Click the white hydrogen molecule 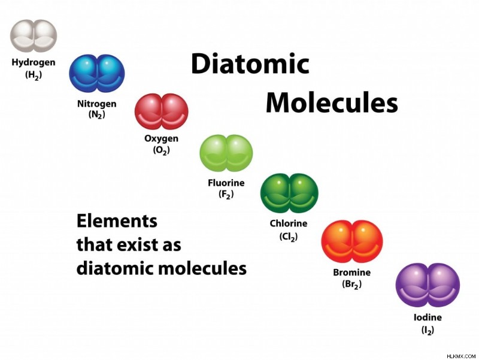tap(34, 36)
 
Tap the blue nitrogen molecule tap(97, 73)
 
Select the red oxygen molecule tap(161, 111)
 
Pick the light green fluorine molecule tap(226, 153)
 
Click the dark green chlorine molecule tap(289, 193)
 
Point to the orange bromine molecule tap(351, 241)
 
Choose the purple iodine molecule tap(428, 285)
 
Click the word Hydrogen tap(34, 63)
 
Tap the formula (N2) tap(97, 114)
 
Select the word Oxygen tap(161, 139)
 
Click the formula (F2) tap(226, 194)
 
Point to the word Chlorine tap(289, 223)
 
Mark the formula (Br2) tap(351, 284)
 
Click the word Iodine tap(428, 317)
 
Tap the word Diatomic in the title tap(250, 63)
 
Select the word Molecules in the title tap(332, 102)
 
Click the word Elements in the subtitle tap(117, 221)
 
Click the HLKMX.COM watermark tap(461, 356)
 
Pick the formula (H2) tap(34, 75)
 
